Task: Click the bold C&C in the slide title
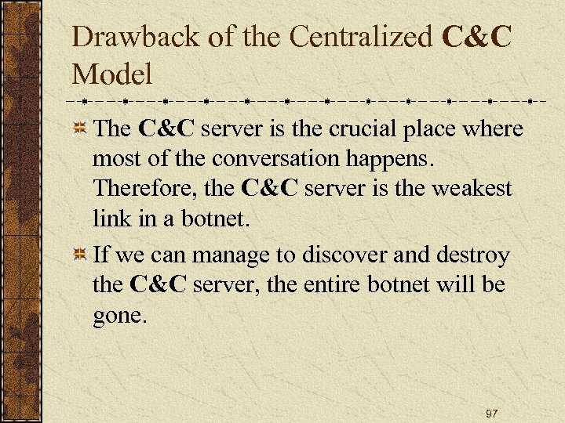[477, 38]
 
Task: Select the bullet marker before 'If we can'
[79, 255]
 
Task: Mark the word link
[111, 219]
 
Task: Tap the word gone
[118, 316]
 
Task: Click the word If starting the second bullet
[101, 255]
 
